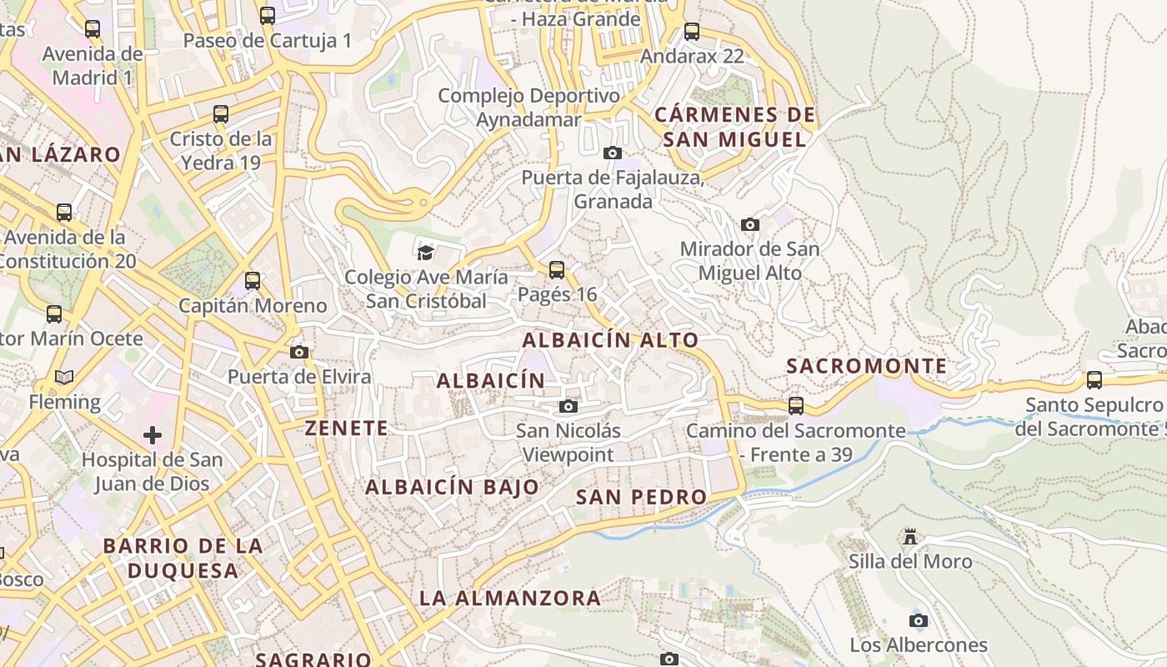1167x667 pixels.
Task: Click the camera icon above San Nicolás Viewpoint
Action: click(x=568, y=406)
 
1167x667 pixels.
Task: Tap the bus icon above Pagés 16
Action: click(x=557, y=269)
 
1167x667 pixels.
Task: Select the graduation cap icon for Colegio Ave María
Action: click(x=426, y=251)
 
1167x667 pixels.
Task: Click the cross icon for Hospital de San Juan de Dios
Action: click(x=153, y=434)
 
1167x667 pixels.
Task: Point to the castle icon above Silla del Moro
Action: click(x=910, y=536)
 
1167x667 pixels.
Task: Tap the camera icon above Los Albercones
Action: click(x=919, y=620)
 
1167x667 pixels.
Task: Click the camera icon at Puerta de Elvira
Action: click(x=299, y=352)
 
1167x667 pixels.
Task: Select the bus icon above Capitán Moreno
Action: click(x=253, y=281)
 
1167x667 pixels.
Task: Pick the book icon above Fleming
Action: click(x=64, y=377)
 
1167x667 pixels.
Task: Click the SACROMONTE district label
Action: click(x=867, y=366)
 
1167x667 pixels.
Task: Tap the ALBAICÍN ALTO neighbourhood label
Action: click(x=610, y=340)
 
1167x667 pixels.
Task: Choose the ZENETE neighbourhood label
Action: click(x=347, y=429)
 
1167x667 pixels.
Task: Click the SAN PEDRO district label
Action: click(x=642, y=497)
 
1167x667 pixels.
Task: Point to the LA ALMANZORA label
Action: click(x=510, y=598)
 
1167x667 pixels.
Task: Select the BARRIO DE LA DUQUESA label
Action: click(x=183, y=559)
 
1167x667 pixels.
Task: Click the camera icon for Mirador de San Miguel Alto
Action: click(x=750, y=224)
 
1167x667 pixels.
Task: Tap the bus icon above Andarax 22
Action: click(x=692, y=32)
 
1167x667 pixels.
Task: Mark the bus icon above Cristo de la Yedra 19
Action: click(x=221, y=114)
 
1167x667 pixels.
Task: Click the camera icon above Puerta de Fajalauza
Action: click(x=613, y=153)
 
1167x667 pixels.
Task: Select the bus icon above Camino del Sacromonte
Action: click(x=796, y=406)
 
